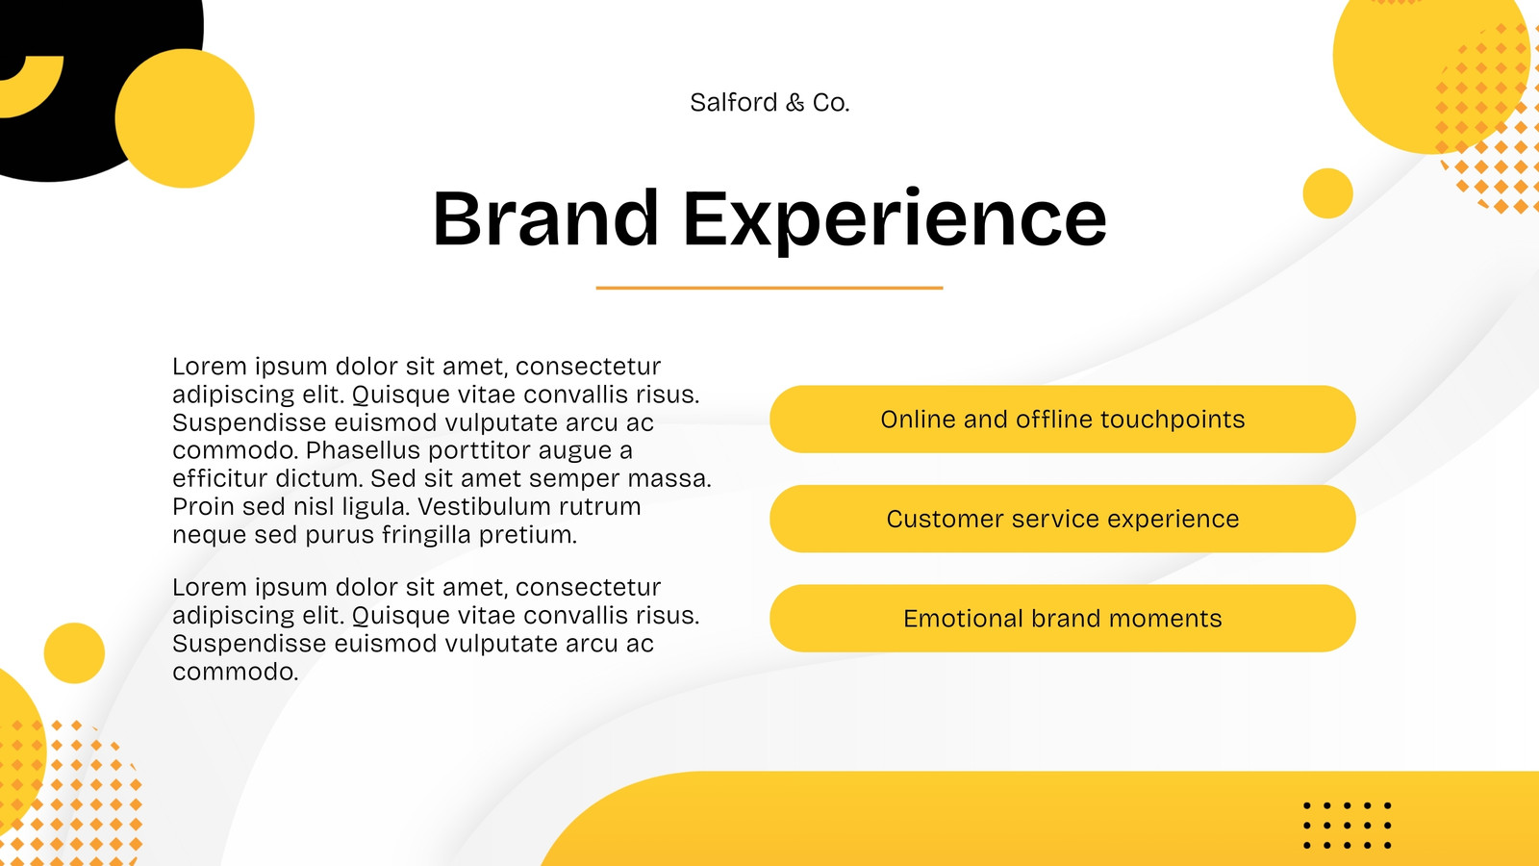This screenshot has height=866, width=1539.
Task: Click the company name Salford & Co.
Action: [769, 102]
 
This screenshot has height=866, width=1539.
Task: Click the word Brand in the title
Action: [545, 217]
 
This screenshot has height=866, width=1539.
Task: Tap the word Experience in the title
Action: [895, 220]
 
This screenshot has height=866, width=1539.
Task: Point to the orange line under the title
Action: [769, 288]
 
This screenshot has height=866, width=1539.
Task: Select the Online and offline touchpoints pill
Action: [1062, 420]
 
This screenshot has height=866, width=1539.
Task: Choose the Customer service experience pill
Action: [1062, 519]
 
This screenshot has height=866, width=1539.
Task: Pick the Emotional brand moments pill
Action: [1062, 619]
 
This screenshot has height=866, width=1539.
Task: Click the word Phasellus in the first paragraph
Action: [363, 450]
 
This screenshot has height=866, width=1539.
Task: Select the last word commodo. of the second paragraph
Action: [236, 672]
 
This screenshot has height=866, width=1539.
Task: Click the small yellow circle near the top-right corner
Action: [1327, 193]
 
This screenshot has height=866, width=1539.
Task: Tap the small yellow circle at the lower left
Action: [74, 653]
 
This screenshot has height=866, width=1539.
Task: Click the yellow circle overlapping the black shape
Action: [185, 118]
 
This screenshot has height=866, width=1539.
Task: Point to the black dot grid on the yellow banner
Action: [1348, 826]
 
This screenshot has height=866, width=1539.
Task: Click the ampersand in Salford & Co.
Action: [795, 103]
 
